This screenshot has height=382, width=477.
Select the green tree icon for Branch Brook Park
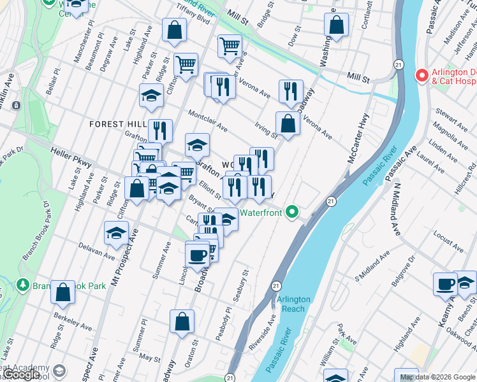24,284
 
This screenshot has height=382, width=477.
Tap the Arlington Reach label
293,304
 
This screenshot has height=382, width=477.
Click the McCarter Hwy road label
358,138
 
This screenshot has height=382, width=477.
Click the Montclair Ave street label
207,120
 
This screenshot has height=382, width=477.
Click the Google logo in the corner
20,374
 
